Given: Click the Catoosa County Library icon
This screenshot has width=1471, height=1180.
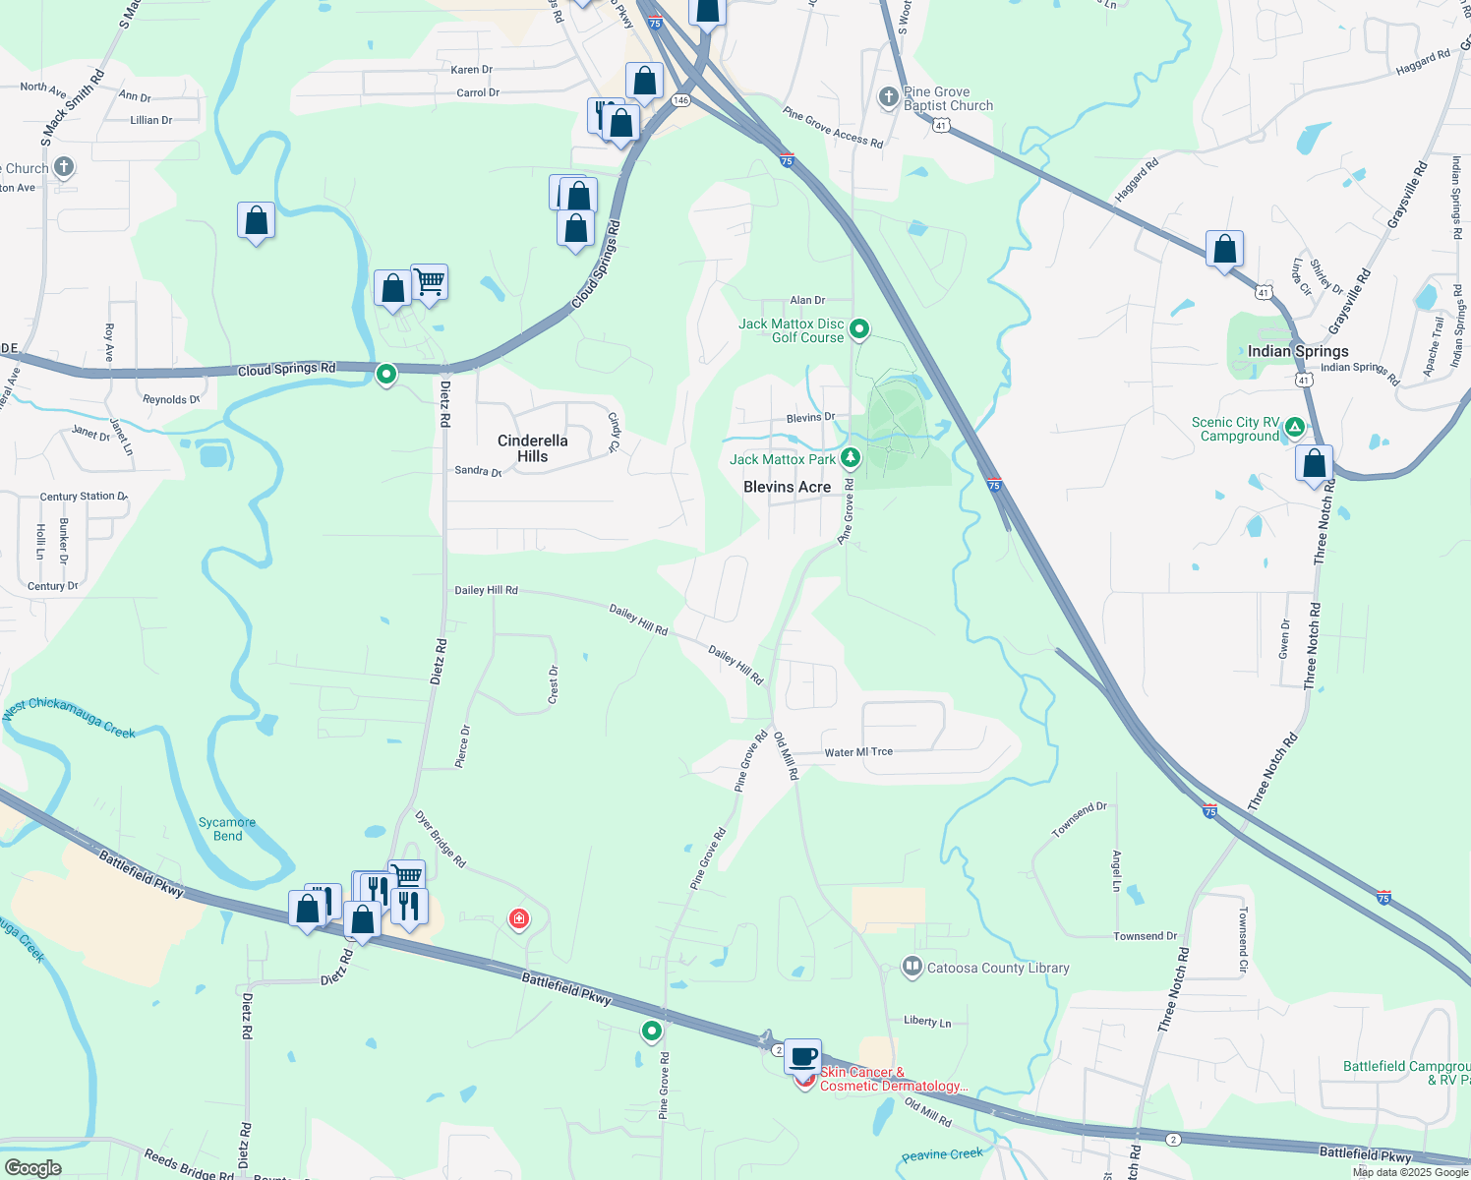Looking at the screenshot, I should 912,968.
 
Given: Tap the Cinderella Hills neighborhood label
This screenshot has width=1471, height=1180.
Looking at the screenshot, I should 532,448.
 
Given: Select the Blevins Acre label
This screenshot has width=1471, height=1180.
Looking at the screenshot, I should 787,487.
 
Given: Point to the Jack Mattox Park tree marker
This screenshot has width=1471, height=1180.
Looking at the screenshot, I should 851,458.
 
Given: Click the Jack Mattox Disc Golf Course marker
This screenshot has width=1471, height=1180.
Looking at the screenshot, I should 859,329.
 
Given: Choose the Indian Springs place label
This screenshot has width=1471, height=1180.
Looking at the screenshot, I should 1298,351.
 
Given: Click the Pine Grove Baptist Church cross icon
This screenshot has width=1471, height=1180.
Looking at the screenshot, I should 888,96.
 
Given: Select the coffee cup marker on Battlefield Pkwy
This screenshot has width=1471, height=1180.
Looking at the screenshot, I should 802,1056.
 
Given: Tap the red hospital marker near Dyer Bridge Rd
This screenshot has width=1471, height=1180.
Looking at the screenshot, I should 518,919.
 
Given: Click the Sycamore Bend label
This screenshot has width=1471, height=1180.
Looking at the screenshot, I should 227,829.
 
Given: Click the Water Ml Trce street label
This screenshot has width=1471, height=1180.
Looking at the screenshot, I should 858,752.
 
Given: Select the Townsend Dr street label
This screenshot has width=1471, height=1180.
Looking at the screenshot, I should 1145,936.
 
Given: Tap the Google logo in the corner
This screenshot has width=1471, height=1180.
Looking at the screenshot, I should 32,1167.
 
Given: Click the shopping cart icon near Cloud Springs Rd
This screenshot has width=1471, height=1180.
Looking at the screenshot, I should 430,282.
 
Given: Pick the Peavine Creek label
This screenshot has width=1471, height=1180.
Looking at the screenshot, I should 942,1154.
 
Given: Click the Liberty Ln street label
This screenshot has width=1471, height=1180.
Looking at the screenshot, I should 927,1022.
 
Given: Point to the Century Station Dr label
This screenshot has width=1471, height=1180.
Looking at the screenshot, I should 84,497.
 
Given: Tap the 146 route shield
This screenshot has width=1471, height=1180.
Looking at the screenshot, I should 680,100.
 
